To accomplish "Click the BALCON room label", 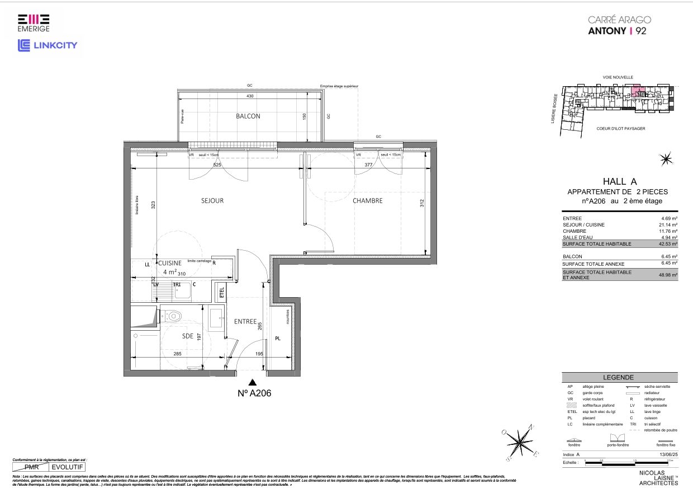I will pyautogui.click(x=248, y=116).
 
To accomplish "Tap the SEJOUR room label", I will pyautogui.click(x=212, y=200).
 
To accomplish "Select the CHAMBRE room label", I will pyautogui.click(x=367, y=200).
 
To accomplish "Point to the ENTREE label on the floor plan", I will pyautogui.click(x=245, y=322).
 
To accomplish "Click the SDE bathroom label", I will pyautogui.click(x=188, y=336).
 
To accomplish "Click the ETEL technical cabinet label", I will pyautogui.click(x=222, y=292).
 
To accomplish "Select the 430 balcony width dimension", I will pyautogui.click(x=250, y=96).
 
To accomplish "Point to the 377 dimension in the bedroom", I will pyautogui.click(x=368, y=165).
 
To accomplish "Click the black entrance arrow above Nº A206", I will pyautogui.click(x=253, y=382).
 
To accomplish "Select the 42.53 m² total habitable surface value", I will pyautogui.click(x=668, y=244).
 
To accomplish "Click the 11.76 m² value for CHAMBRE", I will pyautogui.click(x=668, y=231).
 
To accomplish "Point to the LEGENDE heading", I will pyautogui.click(x=618, y=378).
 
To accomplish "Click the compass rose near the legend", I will pyautogui.click(x=521, y=442).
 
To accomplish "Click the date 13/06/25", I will pyautogui.click(x=668, y=455).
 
